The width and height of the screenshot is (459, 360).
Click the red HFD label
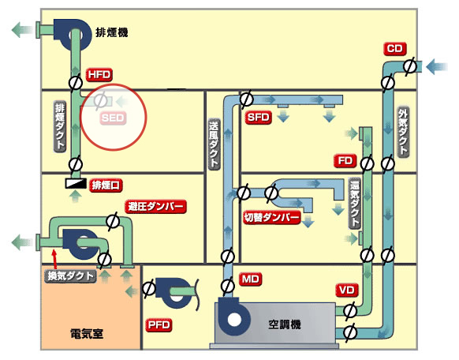pos(99,75)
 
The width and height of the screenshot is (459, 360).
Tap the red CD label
pos(395,49)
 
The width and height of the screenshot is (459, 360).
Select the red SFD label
pos(258,118)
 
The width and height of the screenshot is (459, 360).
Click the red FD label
pos(345,161)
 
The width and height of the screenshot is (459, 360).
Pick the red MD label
pos(251,279)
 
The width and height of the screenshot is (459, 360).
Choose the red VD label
pos(346,291)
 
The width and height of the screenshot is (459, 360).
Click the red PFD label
pos(159,325)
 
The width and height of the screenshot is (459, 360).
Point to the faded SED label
pos(113,118)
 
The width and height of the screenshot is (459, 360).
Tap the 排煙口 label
pos(106,186)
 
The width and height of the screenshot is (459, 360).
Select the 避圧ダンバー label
pos(155,207)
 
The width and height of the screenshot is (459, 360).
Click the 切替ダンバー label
pos(272,217)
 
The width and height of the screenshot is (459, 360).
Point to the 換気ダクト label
pos(70,276)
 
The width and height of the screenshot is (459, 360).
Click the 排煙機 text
pos(112,32)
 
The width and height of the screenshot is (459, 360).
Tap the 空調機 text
pos(285,324)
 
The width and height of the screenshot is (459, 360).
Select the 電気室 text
pos(87,334)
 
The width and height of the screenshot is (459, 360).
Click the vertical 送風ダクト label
pos(214,144)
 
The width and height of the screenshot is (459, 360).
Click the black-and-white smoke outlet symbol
pos(76,183)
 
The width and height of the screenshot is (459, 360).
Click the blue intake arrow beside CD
pos(436,67)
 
